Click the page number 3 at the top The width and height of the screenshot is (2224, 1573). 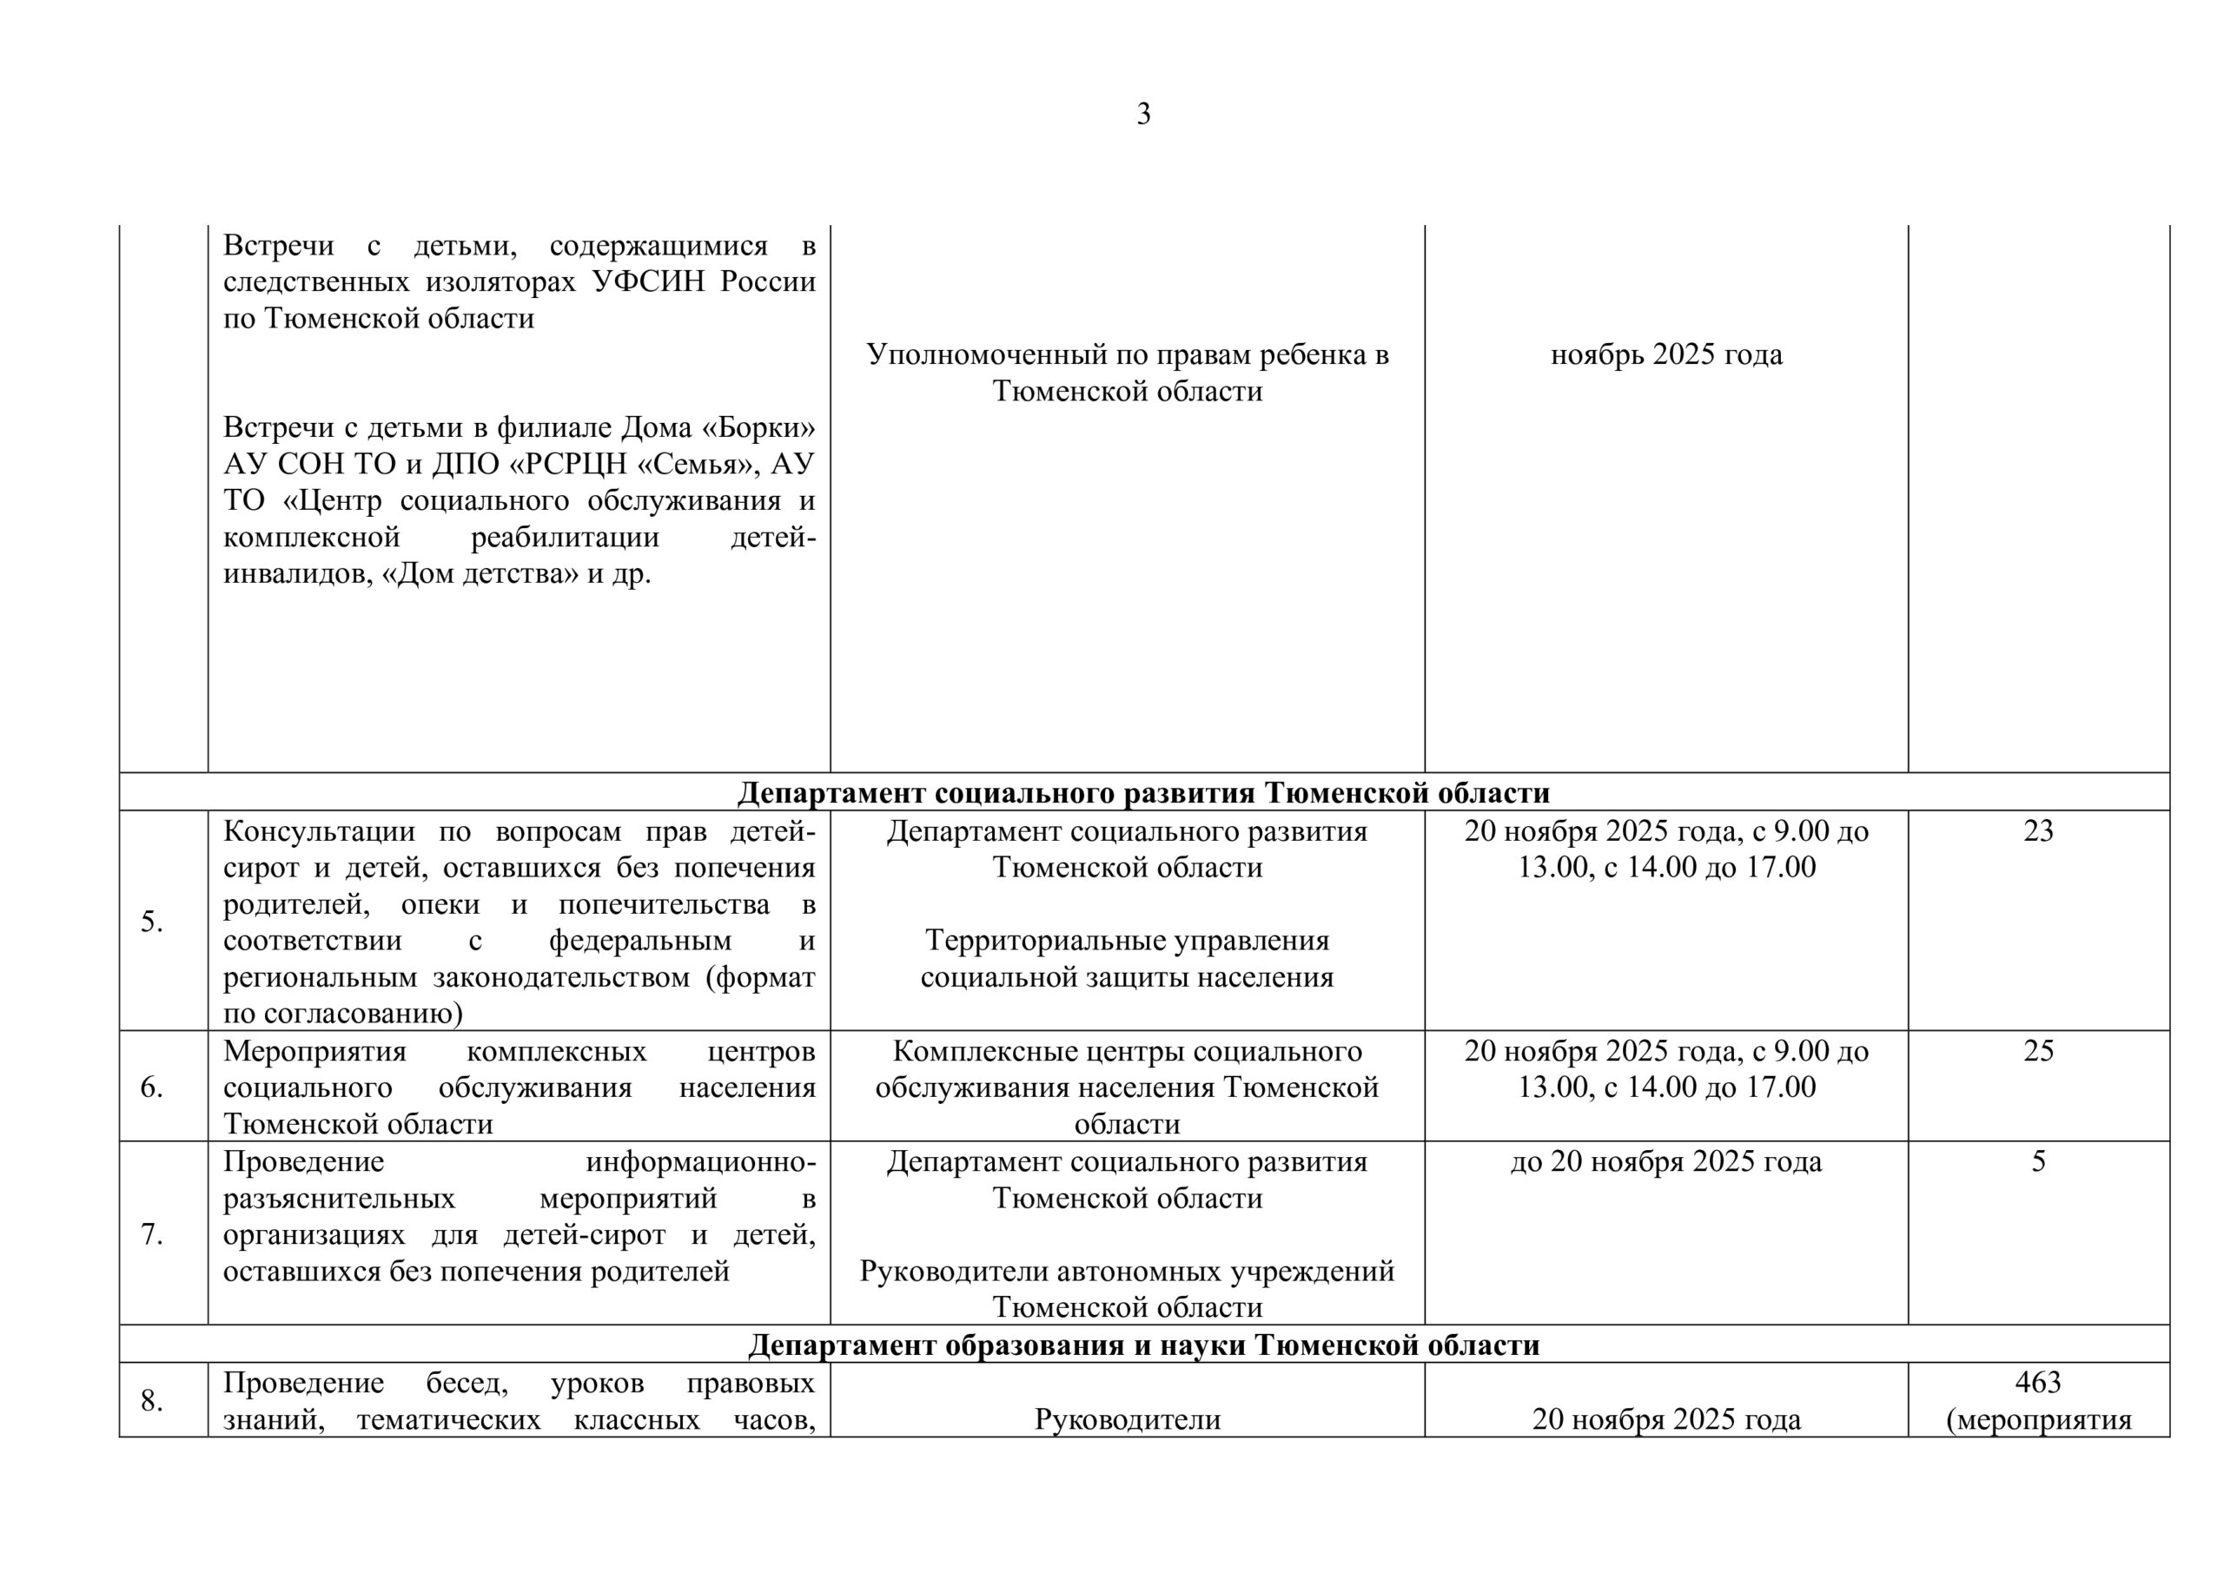click(1143, 115)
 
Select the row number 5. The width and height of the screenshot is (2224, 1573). click(152, 922)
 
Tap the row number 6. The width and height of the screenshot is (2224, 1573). click(152, 1087)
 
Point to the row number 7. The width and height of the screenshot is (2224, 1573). click(152, 1234)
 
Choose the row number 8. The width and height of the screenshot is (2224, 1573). click(152, 1401)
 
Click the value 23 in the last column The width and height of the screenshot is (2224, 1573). click(2038, 831)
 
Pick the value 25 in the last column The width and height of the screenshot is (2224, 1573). click(2038, 1051)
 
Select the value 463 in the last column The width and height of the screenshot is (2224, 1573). click(2038, 1382)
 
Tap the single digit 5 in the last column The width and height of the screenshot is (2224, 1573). click(2038, 1161)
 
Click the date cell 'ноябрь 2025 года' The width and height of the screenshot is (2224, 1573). click(1666, 354)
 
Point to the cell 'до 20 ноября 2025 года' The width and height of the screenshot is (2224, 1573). click(1666, 1161)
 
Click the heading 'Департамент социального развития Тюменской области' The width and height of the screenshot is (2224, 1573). click(1143, 793)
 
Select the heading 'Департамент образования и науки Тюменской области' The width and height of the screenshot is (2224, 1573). click(1143, 1345)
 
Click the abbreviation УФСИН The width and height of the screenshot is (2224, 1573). click(652, 282)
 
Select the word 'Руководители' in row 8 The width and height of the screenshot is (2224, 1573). click(1127, 1420)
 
